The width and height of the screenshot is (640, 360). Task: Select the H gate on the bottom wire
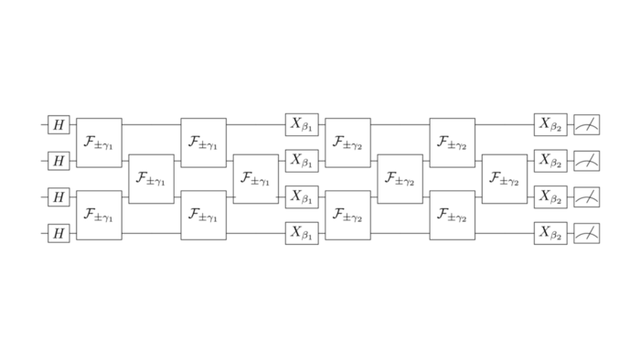[x=59, y=233]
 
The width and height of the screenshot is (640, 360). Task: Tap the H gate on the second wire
[x=59, y=161]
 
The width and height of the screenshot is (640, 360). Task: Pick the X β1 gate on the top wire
[x=302, y=123]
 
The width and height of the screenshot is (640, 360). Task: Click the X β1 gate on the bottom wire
[x=302, y=233]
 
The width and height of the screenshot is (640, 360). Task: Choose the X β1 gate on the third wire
[x=302, y=196]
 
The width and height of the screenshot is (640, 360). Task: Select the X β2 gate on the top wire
[x=550, y=123]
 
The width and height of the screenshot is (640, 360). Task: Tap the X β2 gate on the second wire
[x=550, y=160]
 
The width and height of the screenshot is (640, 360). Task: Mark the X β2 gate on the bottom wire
[x=550, y=233]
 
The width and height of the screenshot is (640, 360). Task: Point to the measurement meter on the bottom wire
[x=587, y=233]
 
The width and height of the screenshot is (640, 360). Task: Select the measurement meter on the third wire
[x=587, y=196]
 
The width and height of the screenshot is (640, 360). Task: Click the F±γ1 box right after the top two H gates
[x=99, y=143]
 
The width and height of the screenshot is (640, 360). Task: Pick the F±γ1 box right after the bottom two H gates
[x=99, y=215]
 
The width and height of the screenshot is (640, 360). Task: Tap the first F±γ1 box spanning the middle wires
[x=151, y=178]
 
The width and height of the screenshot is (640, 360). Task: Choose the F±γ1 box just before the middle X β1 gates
[x=255, y=178]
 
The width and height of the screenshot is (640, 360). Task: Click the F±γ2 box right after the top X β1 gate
[x=347, y=143]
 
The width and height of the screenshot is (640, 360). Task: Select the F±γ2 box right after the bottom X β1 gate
[x=347, y=215]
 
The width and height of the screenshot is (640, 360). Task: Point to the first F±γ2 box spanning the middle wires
[x=400, y=178]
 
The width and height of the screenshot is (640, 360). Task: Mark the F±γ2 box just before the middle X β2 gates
[x=505, y=178]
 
